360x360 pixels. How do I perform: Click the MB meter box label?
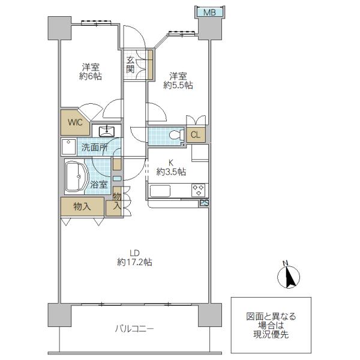click(209, 12)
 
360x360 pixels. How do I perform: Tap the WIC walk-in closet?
click(75, 123)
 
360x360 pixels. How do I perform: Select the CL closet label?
click(196, 135)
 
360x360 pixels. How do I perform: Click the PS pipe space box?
click(204, 203)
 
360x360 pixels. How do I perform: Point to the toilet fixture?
click(176, 135)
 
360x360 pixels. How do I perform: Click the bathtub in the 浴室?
click(76, 176)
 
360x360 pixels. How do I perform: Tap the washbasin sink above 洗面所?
click(106, 131)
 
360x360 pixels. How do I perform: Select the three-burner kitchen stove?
click(199, 190)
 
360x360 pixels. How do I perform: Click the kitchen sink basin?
click(160, 191)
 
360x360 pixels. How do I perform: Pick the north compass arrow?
click(289, 276)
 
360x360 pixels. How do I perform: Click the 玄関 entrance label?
click(130, 65)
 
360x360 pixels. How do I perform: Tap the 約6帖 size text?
click(91, 76)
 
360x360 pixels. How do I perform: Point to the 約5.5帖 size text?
click(178, 85)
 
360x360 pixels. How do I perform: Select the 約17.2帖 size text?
click(134, 262)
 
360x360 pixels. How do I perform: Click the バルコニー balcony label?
click(134, 329)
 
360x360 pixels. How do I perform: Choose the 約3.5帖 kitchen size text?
click(171, 172)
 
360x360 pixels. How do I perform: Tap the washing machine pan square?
click(68, 147)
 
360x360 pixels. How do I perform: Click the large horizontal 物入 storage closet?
click(82, 206)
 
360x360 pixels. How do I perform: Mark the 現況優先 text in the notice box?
click(271, 335)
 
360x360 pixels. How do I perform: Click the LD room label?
click(134, 253)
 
